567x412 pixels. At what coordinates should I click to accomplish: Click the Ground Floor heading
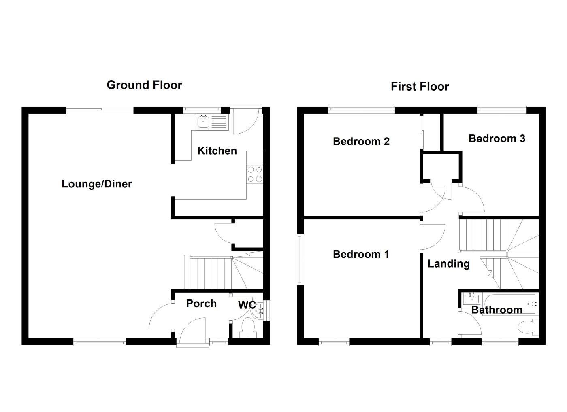[144, 85]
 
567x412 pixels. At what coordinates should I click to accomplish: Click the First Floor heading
[420, 87]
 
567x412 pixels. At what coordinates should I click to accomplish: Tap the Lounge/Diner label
[97, 184]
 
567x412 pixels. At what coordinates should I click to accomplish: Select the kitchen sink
[202, 121]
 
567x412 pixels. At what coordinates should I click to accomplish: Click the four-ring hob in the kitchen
[255, 174]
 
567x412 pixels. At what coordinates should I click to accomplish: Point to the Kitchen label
[217, 151]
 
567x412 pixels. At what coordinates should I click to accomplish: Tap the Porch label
[201, 304]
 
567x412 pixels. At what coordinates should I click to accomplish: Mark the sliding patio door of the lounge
[100, 110]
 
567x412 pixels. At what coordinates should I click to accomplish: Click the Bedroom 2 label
[361, 141]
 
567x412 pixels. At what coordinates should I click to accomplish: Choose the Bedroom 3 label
[497, 138]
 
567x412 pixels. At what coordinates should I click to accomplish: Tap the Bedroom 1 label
[361, 254]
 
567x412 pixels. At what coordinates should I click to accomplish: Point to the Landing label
[448, 264]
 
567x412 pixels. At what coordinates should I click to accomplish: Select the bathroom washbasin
[471, 299]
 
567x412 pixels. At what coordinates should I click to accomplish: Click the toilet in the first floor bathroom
[528, 326]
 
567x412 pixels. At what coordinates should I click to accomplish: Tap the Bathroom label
[497, 310]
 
